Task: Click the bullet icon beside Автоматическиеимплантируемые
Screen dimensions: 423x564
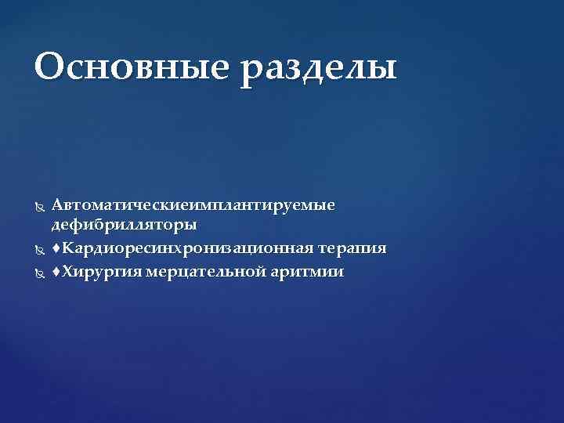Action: pyautogui.click(x=40, y=205)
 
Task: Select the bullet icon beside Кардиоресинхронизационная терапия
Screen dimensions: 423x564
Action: pyautogui.click(x=40, y=249)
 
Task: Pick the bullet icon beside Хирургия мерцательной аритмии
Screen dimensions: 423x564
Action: pyautogui.click(x=40, y=273)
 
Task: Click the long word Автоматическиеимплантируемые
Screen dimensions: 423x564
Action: pyautogui.click(x=193, y=205)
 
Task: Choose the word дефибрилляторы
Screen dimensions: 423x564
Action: pyautogui.click(x=124, y=226)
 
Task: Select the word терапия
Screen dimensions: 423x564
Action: pyautogui.click(x=352, y=249)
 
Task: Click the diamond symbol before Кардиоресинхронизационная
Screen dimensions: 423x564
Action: pyautogui.click(x=56, y=249)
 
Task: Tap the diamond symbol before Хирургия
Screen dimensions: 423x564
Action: pyautogui.click(x=56, y=273)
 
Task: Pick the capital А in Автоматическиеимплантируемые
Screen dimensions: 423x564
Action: pyautogui.click(x=57, y=204)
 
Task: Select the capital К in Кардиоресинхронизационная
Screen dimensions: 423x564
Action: pyautogui.click(x=67, y=249)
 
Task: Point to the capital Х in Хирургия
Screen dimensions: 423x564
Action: pyautogui.click(x=67, y=273)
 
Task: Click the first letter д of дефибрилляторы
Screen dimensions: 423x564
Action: pyautogui.click(x=56, y=226)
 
